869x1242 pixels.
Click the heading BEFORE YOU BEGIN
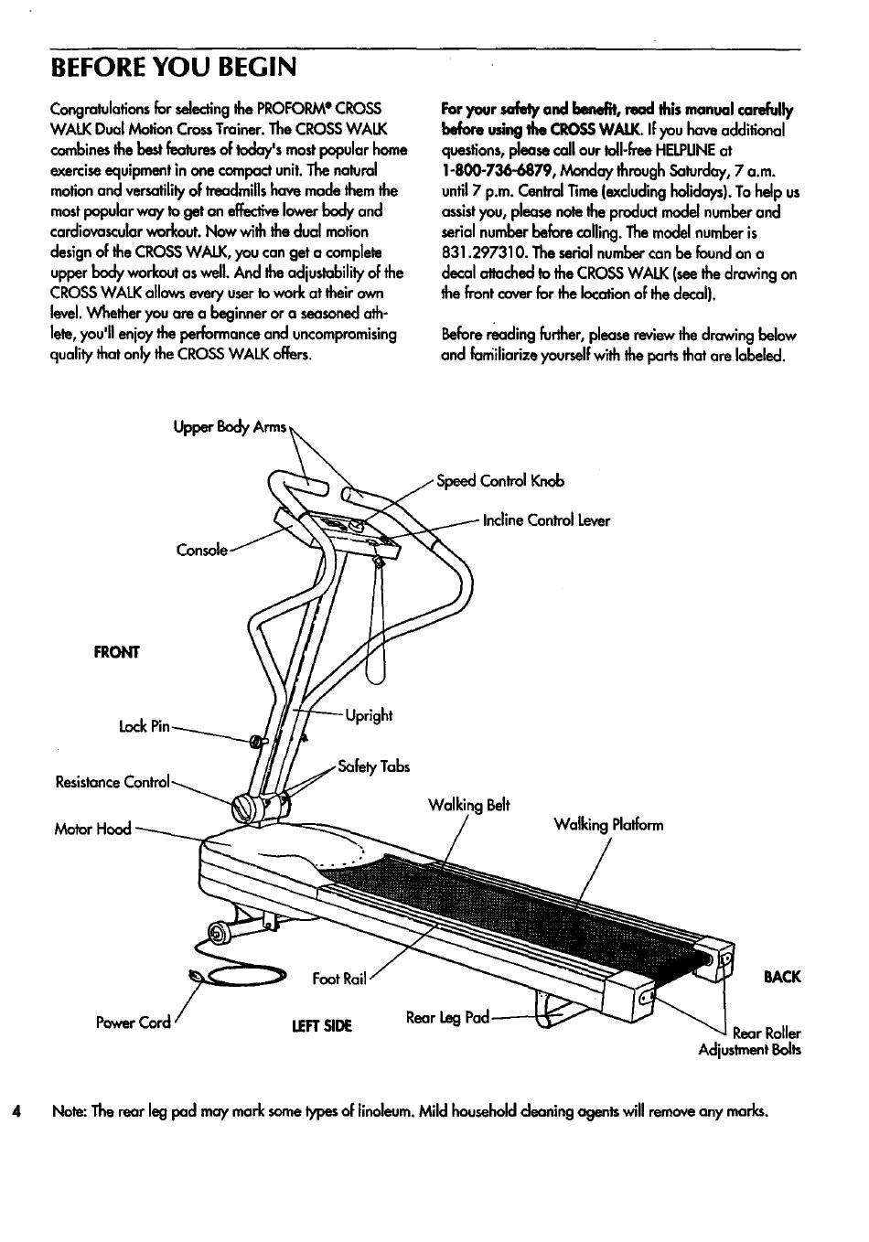click(174, 69)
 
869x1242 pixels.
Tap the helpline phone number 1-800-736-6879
click(499, 171)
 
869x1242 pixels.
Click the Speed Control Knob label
click(500, 481)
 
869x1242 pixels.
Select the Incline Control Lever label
click(546, 521)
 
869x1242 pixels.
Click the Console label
click(201, 550)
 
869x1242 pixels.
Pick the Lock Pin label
click(145, 727)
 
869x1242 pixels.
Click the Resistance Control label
click(113, 782)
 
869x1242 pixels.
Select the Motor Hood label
click(92, 830)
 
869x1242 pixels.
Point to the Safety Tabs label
click(373, 767)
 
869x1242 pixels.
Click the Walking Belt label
click(468, 806)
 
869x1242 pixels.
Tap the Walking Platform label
click(608, 825)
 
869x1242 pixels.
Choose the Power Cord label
click(134, 1023)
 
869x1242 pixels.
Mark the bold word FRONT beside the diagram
click(117, 652)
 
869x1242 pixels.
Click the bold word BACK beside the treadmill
click(781, 977)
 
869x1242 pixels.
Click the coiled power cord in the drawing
click(238, 977)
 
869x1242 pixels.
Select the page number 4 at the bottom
click(16, 1112)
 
